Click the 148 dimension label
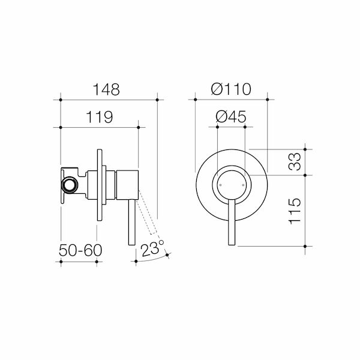(108, 89)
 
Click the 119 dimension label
(100, 118)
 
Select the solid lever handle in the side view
(130, 222)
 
